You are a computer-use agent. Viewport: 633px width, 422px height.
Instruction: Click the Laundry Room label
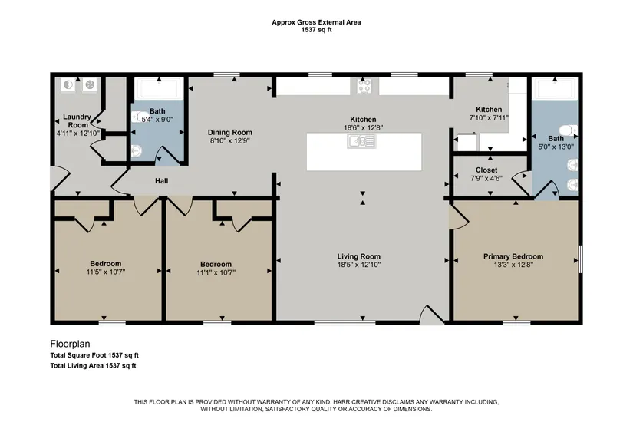tap(77, 120)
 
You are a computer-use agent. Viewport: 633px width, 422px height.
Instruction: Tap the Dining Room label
tap(229, 132)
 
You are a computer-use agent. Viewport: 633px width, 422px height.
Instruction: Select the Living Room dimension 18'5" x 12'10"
tap(359, 265)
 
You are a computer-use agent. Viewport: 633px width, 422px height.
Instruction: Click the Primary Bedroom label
tap(513, 256)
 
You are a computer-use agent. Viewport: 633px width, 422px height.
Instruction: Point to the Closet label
tap(486, 170)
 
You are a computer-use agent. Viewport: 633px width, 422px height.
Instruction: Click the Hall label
tap(161, 181)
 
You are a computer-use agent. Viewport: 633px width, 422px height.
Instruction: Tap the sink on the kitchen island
tap(361, 141)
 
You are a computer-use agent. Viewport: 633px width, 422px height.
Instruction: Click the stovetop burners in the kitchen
tap(364, 86)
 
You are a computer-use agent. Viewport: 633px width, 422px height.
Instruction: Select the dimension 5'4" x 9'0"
tap(157, 119)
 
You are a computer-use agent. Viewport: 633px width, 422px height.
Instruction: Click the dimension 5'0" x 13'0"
tap(556, 147)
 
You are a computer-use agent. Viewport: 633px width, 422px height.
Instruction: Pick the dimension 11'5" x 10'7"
tap(106, 272)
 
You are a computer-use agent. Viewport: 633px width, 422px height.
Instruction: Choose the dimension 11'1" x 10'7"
tap(216, 272)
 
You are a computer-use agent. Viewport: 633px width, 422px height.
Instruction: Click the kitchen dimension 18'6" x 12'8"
tap(363, 127)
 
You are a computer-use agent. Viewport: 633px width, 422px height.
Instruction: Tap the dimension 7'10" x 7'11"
tap(489, 118)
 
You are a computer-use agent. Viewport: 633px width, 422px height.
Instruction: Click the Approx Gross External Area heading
tap(316, 22)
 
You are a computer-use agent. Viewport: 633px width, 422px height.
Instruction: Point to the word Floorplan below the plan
tap(70, 344)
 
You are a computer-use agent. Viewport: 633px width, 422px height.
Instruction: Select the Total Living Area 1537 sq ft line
tap(93, 366)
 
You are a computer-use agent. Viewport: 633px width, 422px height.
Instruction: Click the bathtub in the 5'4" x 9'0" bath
tap(159, 87)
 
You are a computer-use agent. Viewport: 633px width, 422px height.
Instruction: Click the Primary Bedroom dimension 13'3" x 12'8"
tap(513, 265)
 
